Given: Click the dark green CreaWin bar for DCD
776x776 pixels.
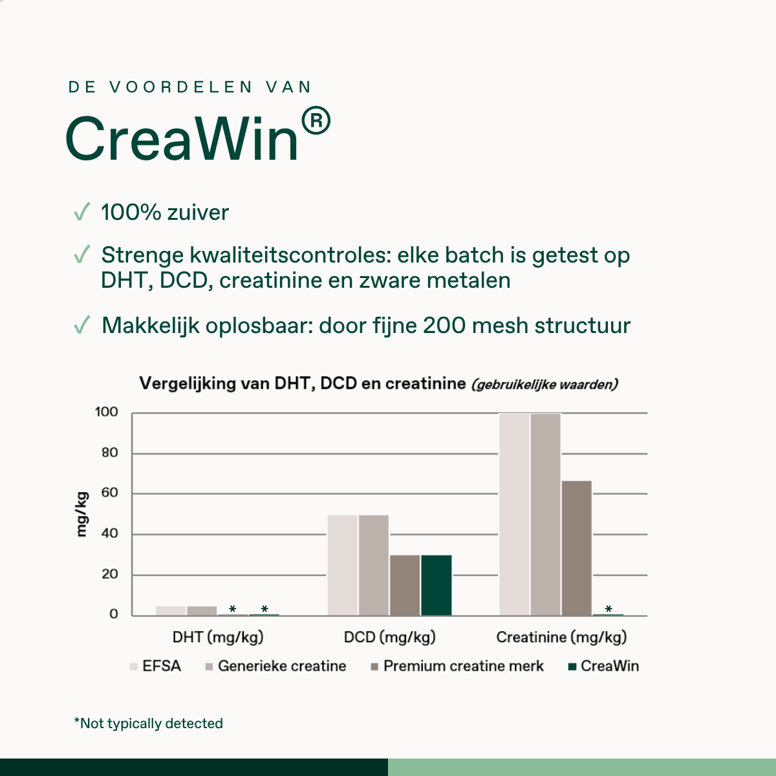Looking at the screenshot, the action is pyautogui.click(x=436, y=585).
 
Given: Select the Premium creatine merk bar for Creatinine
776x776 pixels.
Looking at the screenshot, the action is pyautogui.click(x=577, y=548).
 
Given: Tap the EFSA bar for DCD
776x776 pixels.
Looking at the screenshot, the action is pyautogui.click(x=342, y=565).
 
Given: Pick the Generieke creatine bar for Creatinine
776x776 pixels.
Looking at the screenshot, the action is pyautogui.click(x=546, y=514).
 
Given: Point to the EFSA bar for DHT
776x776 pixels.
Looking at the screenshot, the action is pyautogui.click(x=171, y=611).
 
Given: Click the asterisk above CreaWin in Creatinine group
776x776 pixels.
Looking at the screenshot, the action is pyautogui.click(x=609, y=609).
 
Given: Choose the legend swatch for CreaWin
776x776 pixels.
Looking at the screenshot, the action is pyautogui.click(x=572, y=667).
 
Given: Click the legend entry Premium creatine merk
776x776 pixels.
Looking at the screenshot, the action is pyautogui.click(x=457, y=666).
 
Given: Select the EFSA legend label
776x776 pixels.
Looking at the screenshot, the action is pyautogui.click(x=162, y=666).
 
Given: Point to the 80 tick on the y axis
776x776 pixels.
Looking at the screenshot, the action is pyautogui.click(x=109, y=453).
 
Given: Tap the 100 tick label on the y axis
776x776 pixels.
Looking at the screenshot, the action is pyautogui.click(x=106, y=412).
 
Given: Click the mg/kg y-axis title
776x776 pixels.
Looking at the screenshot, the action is pyautogui.click(x=81, y=514).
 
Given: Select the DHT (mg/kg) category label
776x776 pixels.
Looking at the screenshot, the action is pyautogui.click(x=218, y=637).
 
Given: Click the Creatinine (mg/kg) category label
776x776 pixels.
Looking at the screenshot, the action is pyautogui.click(x=561, y=637).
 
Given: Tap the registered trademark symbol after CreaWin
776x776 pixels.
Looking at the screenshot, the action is pyautogui.click(x=316, y=120).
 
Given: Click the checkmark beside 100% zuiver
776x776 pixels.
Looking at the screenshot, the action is pyautogui.click(x=82, y=211).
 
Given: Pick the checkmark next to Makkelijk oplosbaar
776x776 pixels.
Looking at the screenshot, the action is pyautogui.click(x=82, y=325).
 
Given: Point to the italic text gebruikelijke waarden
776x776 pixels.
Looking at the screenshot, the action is pyautogui.click(x=544, y=385).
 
